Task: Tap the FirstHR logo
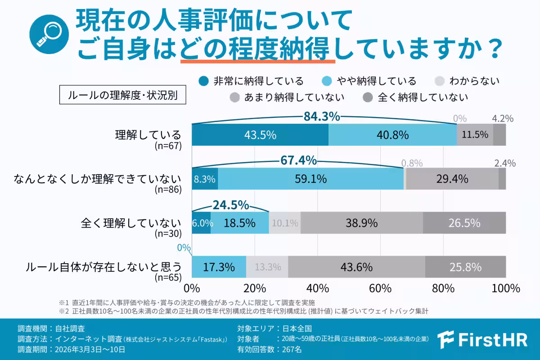click(x=482, y=339)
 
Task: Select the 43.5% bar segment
click(x=260, y=135)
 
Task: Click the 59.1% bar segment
click(x=310, y=179)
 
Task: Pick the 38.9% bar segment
click(x=362, y=223)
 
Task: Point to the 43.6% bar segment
click(x=356, y=267)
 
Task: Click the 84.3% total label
click(x=321, y=116)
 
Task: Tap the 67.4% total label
click(x=298, y=160)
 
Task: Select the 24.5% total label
click(x=230, y=205)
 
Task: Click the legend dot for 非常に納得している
click(x=204, y=81)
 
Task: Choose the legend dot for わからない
click(x=440, y=81)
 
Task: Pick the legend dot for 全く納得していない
click(x=368, y=97)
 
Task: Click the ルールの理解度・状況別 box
click(x=122, y=95)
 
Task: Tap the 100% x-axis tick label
click(x=505, y=288)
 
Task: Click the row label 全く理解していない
click(x=131, y=223)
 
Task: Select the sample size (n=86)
click(x=168, y=189)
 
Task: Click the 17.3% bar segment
click(x=219, y=267)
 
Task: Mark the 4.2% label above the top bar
click(x=503, y=119)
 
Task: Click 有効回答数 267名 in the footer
click(x=270, y=349)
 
